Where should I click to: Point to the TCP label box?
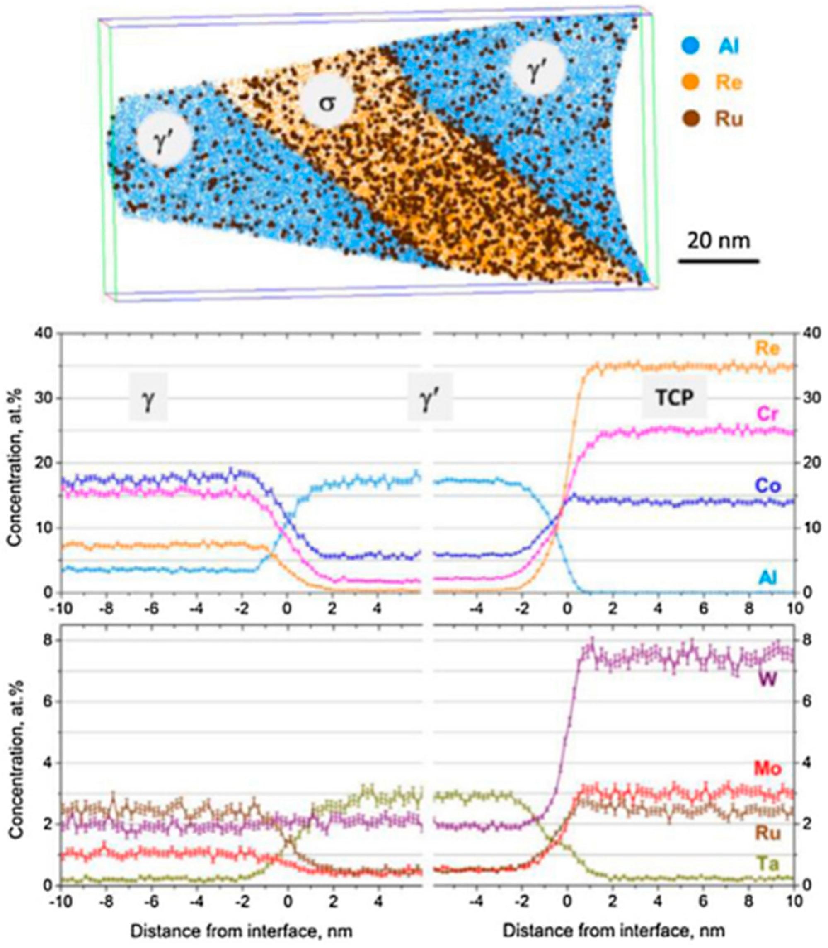tap(674, 397)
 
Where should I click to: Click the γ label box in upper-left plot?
tap(148, 397)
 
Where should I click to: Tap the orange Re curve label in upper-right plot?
tap(767, 348)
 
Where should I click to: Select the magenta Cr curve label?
tap(769, 414)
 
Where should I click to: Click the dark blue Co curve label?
tap(767, 486)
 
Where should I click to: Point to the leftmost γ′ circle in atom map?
tap(165, 140)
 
